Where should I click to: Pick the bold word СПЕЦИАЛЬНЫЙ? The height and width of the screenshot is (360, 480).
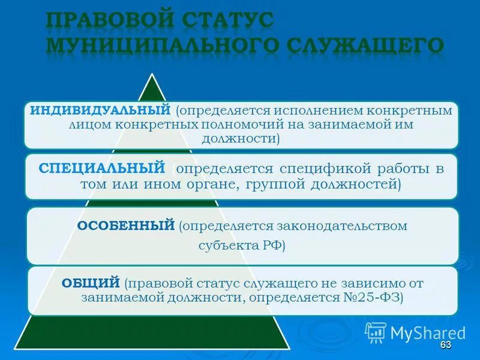(101, 168)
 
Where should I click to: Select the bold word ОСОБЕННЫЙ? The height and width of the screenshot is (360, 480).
(126, 226)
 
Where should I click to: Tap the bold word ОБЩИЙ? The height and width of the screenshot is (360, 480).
(92, 283)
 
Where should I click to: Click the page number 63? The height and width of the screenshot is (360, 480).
(445, 345)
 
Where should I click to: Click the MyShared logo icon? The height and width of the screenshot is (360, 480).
(376, 332)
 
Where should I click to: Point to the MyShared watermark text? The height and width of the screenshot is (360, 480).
(428, 332)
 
